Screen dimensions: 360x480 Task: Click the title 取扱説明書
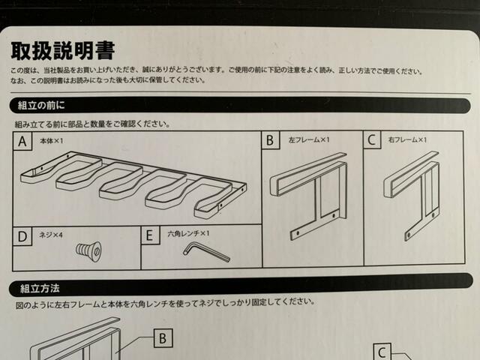pos(62,50)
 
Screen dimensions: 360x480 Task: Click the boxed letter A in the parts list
pos(24,141)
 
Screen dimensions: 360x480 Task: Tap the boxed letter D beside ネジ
pos(24,236)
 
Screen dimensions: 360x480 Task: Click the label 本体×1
pos(56,139)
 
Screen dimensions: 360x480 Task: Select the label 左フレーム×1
pos(309,139)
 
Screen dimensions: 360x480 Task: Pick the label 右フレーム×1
pos(408,139)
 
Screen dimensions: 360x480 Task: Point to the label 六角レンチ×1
pos(189,234)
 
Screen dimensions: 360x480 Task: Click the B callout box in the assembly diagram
pos(163,338)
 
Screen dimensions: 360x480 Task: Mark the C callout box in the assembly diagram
pos(382,352)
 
